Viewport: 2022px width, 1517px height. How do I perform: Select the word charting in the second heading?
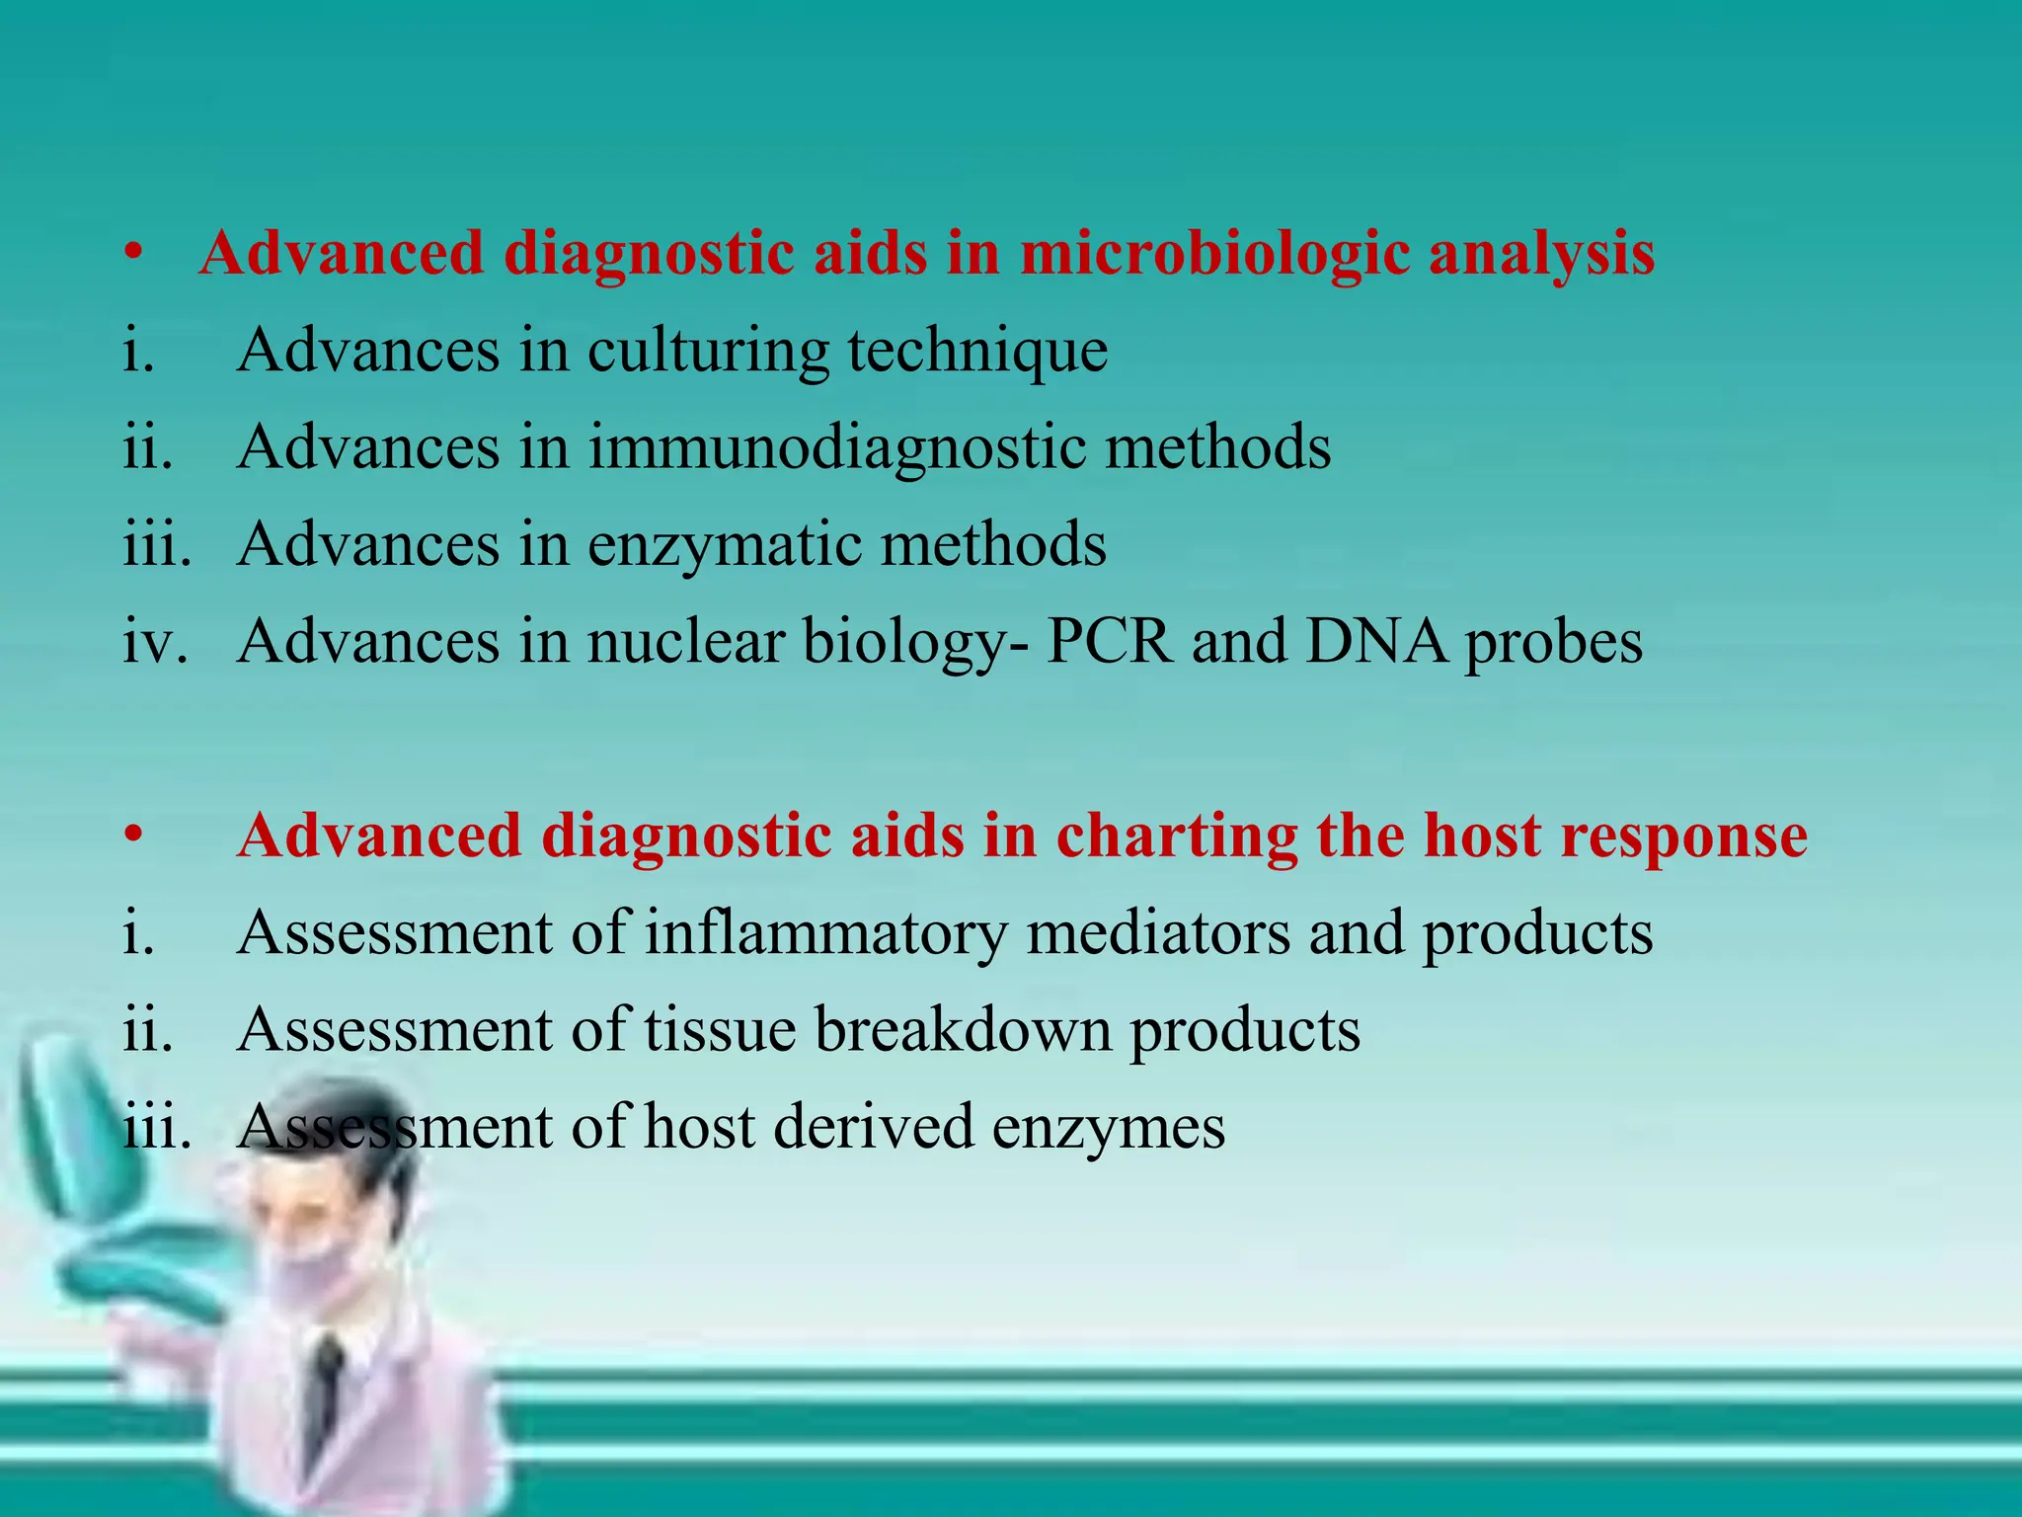pyautogui.click(x=1177, y=837)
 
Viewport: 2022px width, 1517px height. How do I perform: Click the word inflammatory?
pyautogui.click(x=825, y=933)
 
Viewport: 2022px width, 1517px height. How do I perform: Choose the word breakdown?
pyautogui.click(x=963, y=1029)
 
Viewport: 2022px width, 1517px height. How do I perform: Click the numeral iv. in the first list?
pyautogui.click(x=155, y=641)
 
